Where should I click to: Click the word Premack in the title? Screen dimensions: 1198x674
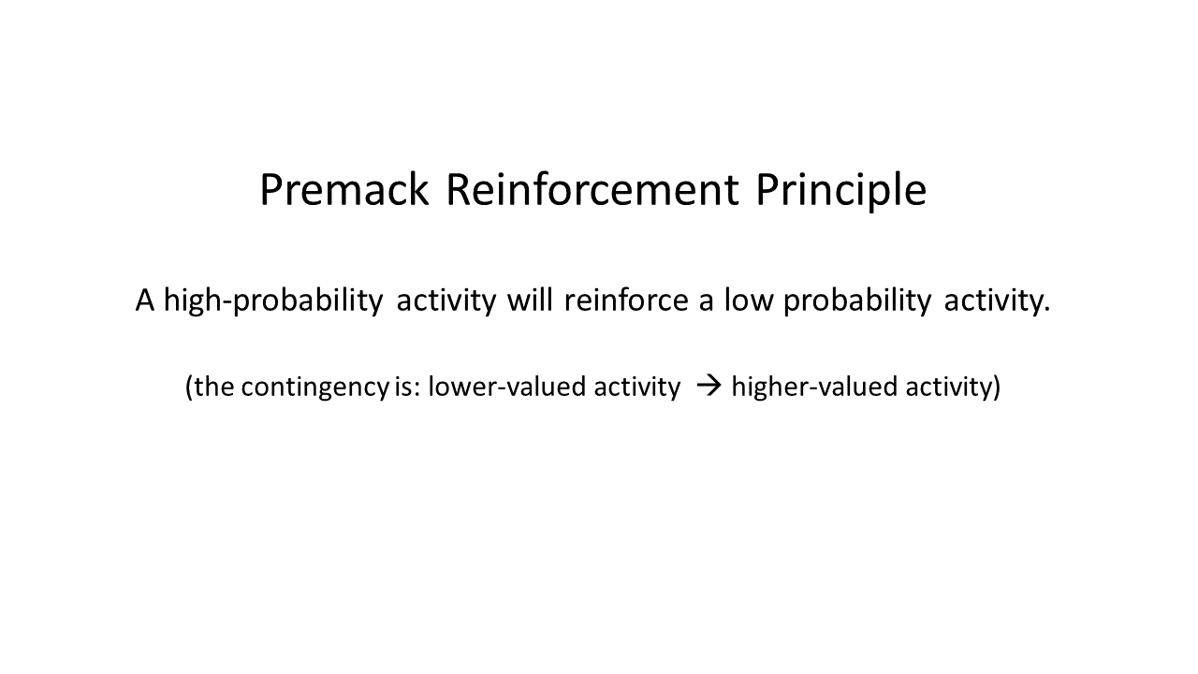pyautogui.click(x=344, y=189)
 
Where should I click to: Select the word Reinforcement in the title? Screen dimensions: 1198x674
pyautogui.click(x=592, y=189)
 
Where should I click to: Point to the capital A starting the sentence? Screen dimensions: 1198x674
pyautogui.click(x=145, y=300)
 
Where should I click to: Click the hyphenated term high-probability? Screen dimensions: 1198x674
pyautogui.click(x=273, y=300)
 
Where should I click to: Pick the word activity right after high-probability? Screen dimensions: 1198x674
pyautogui.click(x=446, y=301)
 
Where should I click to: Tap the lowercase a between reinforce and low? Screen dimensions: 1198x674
pyautogui.click(x=706, y=302)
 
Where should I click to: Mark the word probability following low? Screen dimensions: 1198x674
pyautogui.click(x=857, y=300)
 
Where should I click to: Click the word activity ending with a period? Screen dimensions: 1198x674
pyautogui.click(x=997, y=301)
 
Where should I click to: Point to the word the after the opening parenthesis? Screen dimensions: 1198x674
pyautogui.click(x=214, y=387)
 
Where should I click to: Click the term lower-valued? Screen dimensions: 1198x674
pyautogui.click(x=507, y=387)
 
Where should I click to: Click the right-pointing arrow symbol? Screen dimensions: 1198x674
pyautogui.click(x=709, y=386)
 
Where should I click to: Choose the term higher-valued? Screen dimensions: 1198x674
pyautogui.click(x=814, y=387)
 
